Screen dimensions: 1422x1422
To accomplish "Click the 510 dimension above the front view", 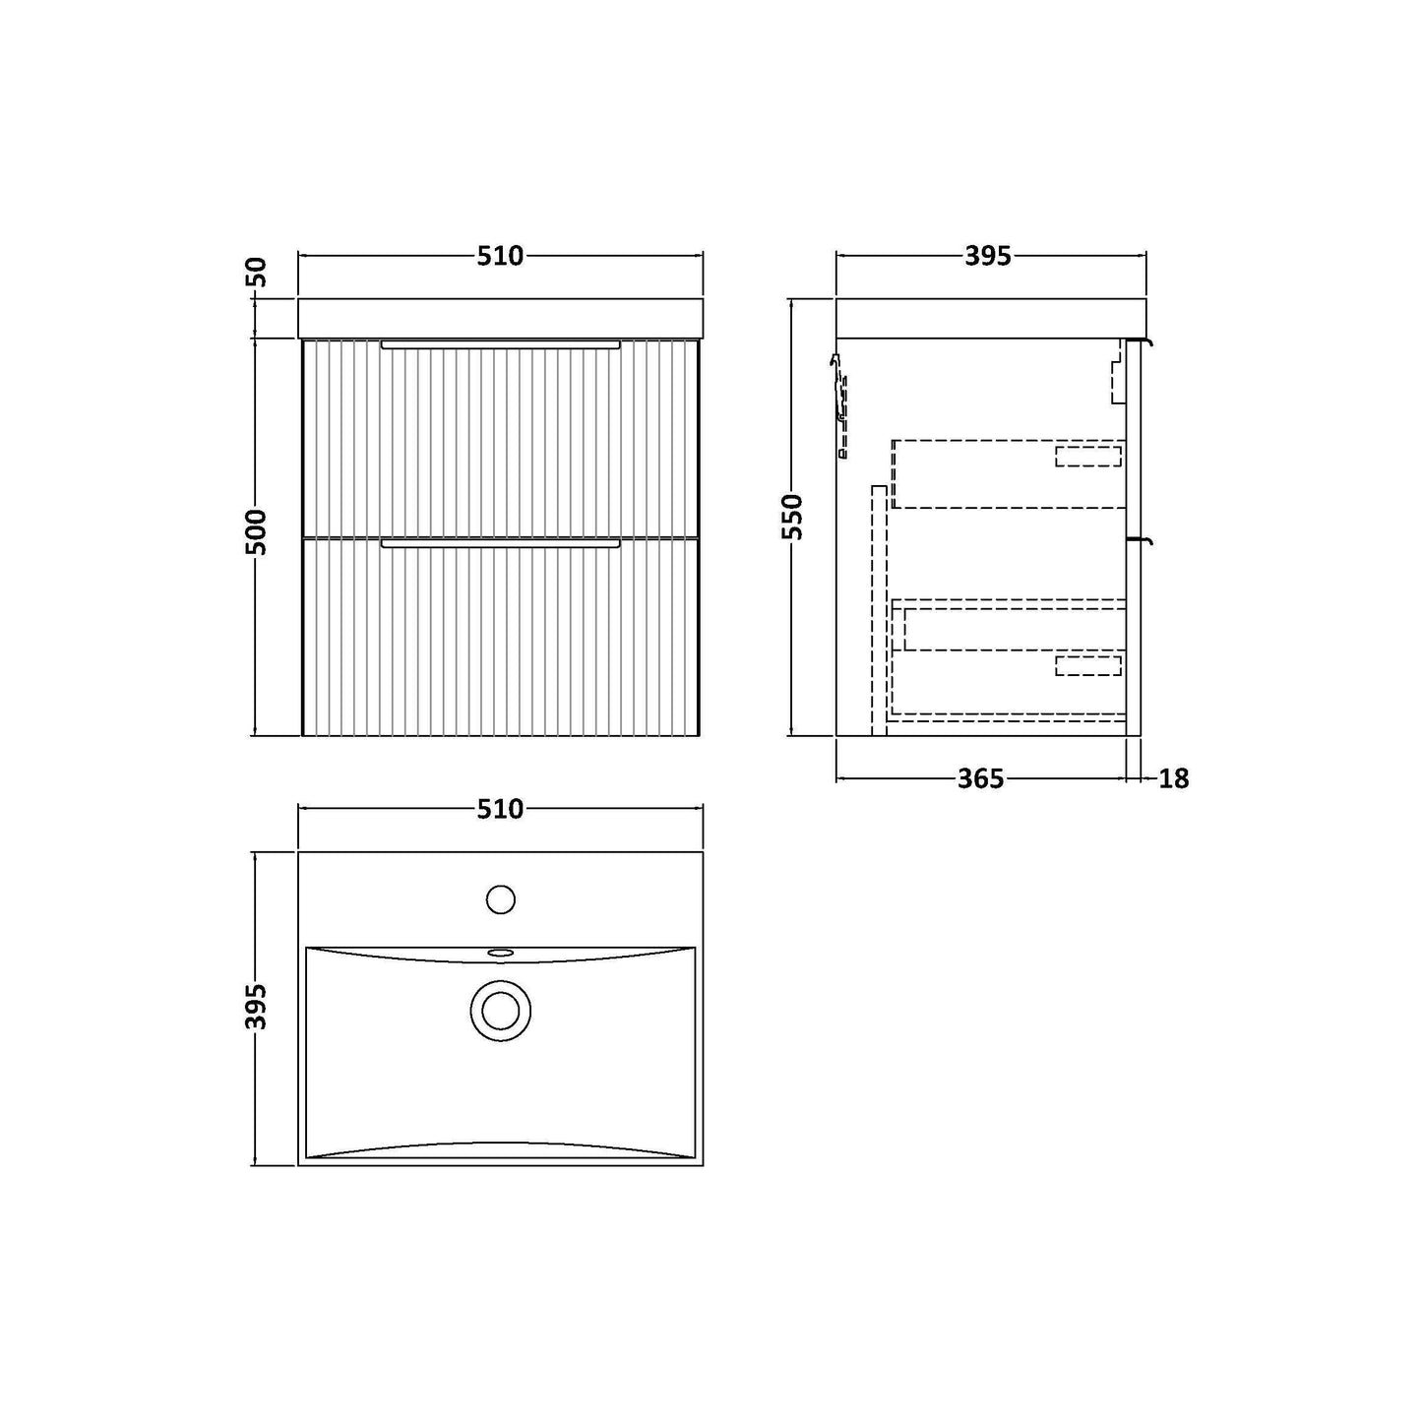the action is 500,256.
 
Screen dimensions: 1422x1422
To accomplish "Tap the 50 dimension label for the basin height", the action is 255,273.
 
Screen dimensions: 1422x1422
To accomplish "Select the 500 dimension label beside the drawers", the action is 255,532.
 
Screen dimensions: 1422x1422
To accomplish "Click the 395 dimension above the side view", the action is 987,256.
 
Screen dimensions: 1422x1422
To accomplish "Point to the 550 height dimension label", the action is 792,518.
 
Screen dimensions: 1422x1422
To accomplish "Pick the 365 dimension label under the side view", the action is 981,778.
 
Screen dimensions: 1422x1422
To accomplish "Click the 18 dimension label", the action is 1173,778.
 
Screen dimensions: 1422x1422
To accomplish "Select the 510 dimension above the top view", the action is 500,810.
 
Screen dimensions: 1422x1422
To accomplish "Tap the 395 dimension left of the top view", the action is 255,1006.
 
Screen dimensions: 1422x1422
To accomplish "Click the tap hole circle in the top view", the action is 500,899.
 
